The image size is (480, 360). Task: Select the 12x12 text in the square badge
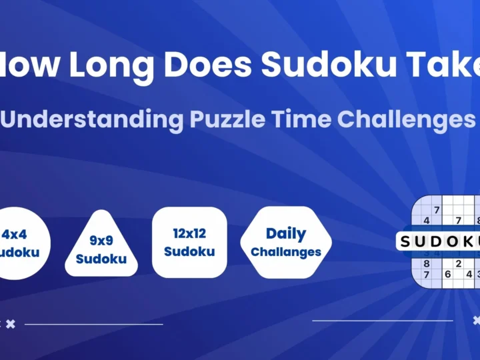pos(189,234)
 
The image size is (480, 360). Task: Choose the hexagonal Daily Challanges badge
pos(286,242)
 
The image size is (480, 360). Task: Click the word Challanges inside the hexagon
pos(287,252)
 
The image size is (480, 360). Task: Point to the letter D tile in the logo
pos(439,241)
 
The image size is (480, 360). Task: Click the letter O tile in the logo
pos(455,241)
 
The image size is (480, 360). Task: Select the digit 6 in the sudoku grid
pos(447,274)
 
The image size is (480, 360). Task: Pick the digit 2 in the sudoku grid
pos(458,263)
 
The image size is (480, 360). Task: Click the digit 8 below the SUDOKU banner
pos(426,263)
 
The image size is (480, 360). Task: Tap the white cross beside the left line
pos(11,324)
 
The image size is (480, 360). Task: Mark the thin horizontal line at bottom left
pos(93,325)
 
